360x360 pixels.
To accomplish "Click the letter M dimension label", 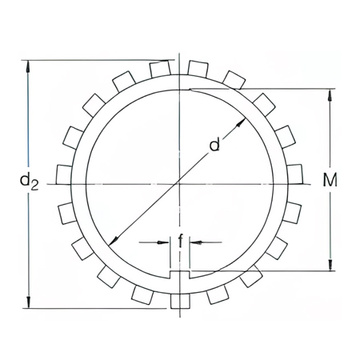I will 330,181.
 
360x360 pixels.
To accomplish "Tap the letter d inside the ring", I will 214,144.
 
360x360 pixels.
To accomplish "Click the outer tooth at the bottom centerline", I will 181,300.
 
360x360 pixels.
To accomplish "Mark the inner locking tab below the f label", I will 181,275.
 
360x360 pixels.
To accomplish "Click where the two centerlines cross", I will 181,184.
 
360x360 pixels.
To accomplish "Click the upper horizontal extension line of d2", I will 96,59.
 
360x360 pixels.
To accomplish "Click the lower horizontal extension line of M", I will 264,270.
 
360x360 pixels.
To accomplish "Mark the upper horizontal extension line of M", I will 264,88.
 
